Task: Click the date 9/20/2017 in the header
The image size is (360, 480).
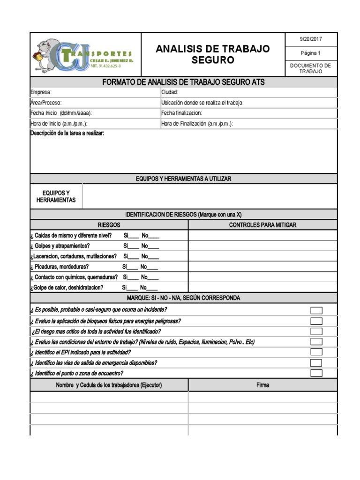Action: [311, 39]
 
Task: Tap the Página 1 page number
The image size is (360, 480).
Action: [311, 53]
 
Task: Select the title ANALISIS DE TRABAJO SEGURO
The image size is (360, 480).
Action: [212, 54]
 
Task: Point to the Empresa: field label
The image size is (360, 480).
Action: [41, 92]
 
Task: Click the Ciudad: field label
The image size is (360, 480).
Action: [170, 92]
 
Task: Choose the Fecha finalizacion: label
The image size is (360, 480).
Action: [181, 113]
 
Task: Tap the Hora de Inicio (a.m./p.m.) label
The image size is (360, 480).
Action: [59, 124]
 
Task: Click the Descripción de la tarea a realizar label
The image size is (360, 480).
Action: [67, 134]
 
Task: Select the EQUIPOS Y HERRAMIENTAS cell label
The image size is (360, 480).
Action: [56, 196]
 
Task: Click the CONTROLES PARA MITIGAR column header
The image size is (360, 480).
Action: [262, 225]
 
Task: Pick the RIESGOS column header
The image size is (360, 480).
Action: [109, 225]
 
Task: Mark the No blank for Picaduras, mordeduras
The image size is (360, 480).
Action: [151, 267]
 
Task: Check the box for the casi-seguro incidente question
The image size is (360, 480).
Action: [316, 310]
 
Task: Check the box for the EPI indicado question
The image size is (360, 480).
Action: [316, 352]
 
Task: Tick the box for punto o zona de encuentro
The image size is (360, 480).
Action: [316, 373]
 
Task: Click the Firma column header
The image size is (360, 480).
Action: [262, 385]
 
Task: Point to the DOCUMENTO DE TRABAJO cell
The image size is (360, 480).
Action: [311, 68]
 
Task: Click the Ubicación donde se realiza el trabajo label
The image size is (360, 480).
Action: [202, 103]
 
